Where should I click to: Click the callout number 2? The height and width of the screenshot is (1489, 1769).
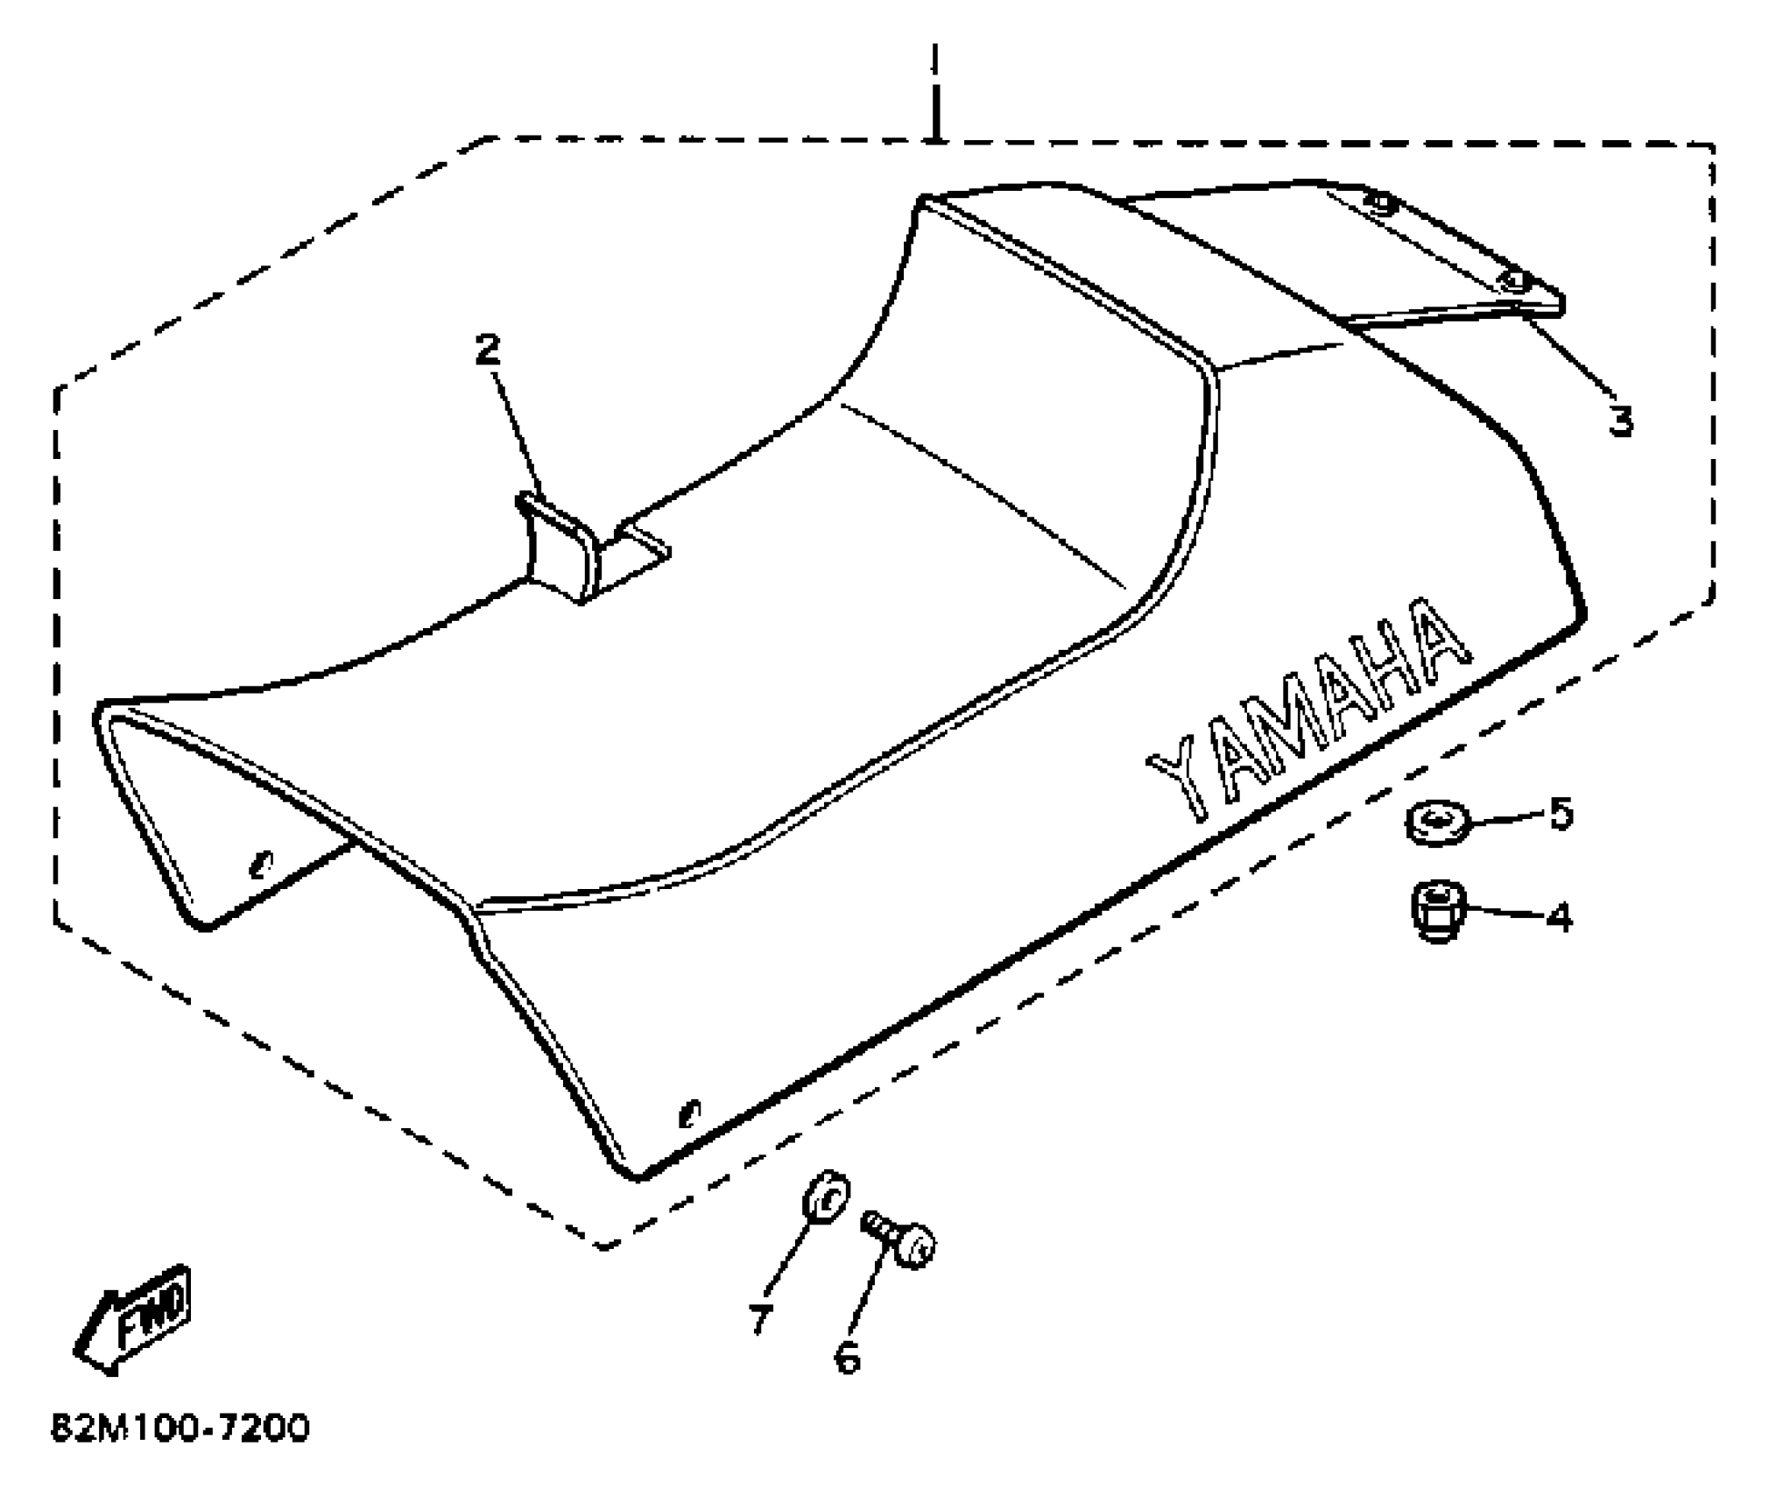click(x=487, y=350)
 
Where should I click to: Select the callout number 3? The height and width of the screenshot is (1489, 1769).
click(x=1620, y=422)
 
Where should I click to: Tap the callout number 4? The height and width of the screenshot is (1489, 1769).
click(x=1559, y=918)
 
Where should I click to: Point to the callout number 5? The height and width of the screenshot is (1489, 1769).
click(x=1561, y=815)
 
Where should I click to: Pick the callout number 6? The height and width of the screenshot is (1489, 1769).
click(x=847, y=1359)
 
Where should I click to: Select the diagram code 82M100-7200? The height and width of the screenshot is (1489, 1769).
click(x=180, y=1429)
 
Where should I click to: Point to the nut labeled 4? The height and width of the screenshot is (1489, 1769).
click(x=1434, y=914)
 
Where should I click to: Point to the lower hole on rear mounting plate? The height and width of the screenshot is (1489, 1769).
click(x=1513, y=282)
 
